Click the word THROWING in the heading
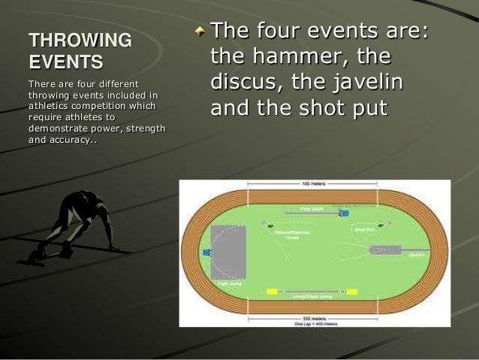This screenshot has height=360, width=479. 80,40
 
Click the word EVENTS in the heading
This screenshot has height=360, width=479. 65,61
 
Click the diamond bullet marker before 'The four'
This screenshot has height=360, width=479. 199,31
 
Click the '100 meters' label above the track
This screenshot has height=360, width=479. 312,183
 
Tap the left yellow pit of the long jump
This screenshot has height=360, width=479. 270,291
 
